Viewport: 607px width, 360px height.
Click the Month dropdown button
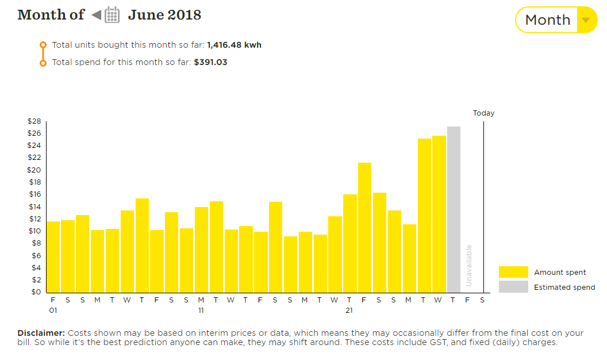(x=556, y=20)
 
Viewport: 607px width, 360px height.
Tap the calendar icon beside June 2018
(x=112, y=14)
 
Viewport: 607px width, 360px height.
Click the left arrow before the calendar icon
(x=96, y=14)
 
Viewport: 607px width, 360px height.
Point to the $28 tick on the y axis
(x=34, y=121)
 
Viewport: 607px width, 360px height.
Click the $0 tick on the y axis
(x=36, y=292)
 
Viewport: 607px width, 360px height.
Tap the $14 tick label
(x=34, y=207)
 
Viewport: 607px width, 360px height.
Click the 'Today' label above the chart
(x=483, y=113)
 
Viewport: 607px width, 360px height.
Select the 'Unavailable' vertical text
(x=468, y=265)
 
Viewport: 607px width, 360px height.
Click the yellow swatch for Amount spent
(x=513, y=273)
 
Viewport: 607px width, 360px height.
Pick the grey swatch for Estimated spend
(x=513, y=287)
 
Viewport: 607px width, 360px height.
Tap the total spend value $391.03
(x=210, y=62)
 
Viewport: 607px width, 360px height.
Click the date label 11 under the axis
(x=201, y=311)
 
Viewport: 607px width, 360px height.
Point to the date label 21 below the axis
(x=349, y=311)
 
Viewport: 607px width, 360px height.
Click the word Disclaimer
(x=41, y=333)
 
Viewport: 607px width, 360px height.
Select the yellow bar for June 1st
(x=53, y=256)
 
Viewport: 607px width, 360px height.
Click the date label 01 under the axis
(x=53, y=311)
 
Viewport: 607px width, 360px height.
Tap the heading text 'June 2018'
(x=164, y=14)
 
